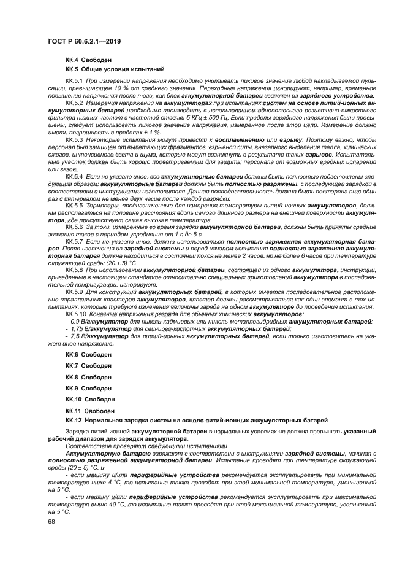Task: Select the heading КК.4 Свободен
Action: pos(88,60)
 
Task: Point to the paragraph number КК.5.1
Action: pos(74,81)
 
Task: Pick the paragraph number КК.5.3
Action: pos(74,141)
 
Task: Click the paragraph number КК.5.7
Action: pos(74,241)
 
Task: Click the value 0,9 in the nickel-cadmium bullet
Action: pos(75,321)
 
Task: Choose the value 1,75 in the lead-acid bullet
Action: pos(77,328)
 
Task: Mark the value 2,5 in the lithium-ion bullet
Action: pos(75,336)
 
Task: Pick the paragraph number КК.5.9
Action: pos(74,292)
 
